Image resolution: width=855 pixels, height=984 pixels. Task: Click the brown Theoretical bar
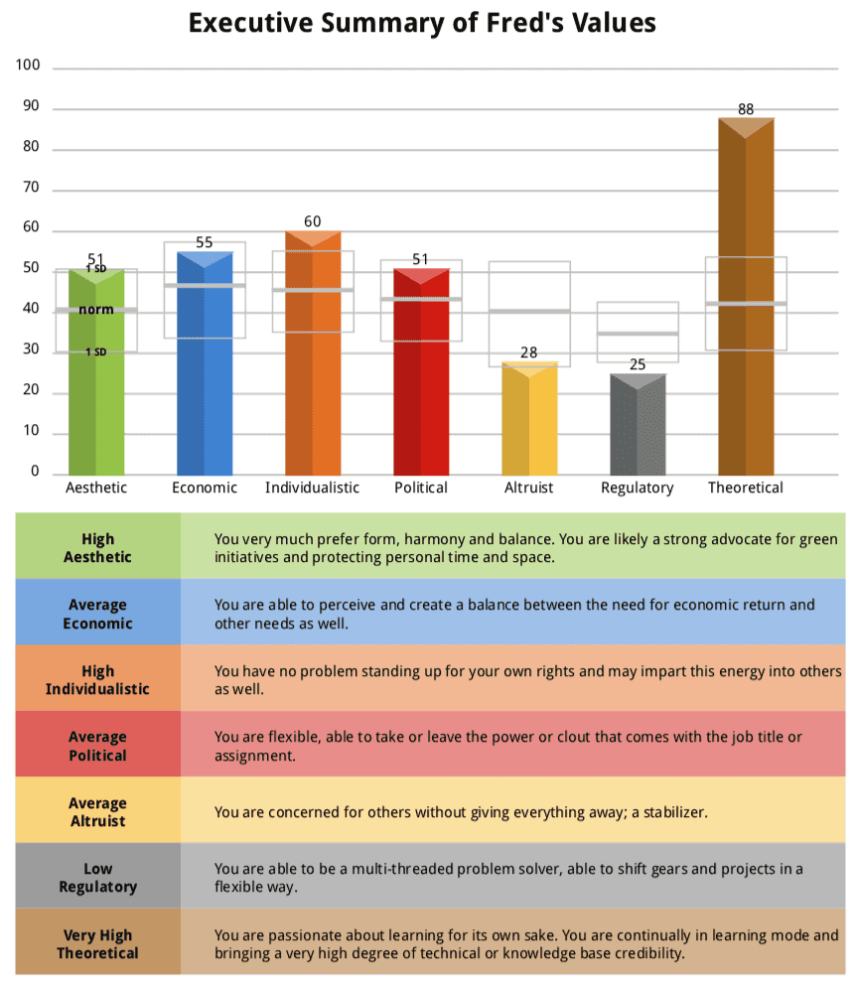click(x=746, y=298)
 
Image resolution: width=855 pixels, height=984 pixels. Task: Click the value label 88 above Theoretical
click(x=746, y=109)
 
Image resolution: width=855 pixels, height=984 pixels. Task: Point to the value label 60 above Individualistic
click(x=313, y=221)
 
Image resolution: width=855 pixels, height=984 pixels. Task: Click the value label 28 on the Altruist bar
click(x=529, y=352)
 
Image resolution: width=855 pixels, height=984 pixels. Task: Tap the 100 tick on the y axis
click(x=28, y=67)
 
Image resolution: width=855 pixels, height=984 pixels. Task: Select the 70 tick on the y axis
click(x=31, y=188)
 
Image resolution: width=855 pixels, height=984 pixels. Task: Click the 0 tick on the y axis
click(x=35, y=472)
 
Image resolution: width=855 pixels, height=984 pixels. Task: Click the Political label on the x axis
click(x=421, y=488)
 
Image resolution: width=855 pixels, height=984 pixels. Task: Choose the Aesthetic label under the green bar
click(x=96, y=488)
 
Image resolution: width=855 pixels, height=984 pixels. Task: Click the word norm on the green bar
click(x=96, y=310)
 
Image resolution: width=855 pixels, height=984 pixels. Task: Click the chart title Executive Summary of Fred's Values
click(x=422, y=23)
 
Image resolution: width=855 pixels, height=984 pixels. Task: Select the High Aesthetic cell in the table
click(x=97, y=548)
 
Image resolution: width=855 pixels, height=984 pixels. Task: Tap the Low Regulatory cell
click(x=97, y=878)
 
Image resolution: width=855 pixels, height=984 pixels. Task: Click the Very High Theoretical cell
click(x=97, y=944)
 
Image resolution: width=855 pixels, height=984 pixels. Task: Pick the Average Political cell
click(x=97, y=746)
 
